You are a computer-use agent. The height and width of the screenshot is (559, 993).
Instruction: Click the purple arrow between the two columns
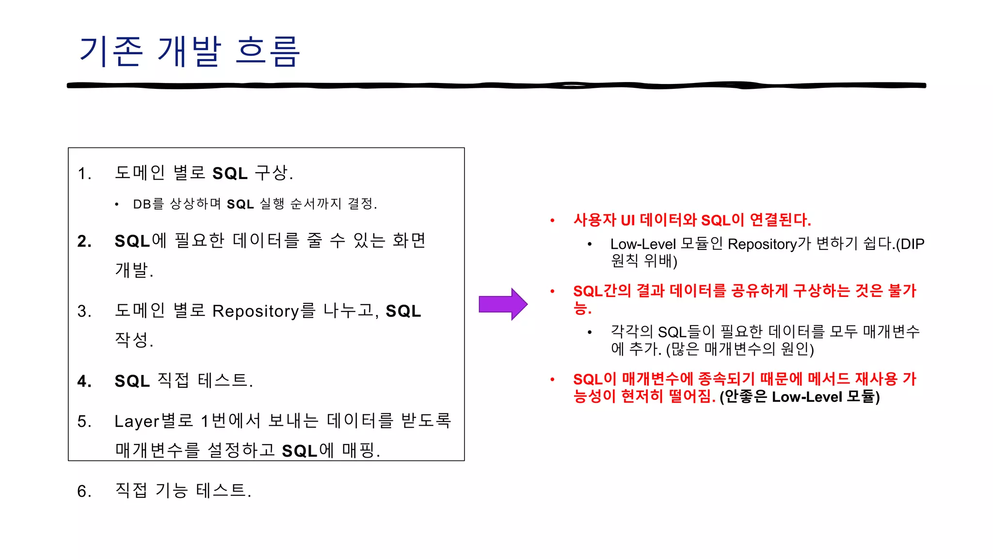[x=503, y=304]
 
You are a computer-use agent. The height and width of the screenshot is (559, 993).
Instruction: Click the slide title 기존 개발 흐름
[x=189, y=51]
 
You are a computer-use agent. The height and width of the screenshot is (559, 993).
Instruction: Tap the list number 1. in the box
[x=84, y=174]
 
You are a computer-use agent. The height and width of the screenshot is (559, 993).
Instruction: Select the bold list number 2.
[x=84, y=241]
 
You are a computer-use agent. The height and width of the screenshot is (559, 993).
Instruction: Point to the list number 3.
[x=84, y=312]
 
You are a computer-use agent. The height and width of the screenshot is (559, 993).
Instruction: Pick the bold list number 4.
[x=84, y=381]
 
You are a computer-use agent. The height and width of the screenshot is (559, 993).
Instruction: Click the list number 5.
[x=84, y=422]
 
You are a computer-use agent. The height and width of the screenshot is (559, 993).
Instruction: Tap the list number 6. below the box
[x=84, y=492]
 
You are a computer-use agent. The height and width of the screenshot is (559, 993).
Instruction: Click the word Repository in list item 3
[x=256, y=312]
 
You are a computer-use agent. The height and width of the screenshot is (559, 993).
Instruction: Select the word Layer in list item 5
[x=137, y=422]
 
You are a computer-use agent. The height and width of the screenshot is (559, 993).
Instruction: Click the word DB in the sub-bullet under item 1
[x=142, y=204]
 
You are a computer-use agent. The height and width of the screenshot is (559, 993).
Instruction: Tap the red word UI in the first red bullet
[x=627, y=221]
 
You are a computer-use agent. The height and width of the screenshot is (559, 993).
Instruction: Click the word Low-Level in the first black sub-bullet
[x=642, y=244]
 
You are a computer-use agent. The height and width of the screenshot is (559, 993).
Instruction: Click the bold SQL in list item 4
[x=132, y=381]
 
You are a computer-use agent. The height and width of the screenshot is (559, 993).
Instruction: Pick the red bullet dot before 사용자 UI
[x=552, y=221]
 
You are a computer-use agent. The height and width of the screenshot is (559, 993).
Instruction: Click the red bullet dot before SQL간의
[x=552, y=291]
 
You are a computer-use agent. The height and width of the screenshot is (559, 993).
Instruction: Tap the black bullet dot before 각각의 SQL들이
[x=590, y=332]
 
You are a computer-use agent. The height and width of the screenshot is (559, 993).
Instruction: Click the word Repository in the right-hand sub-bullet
[x=762, y=244]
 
